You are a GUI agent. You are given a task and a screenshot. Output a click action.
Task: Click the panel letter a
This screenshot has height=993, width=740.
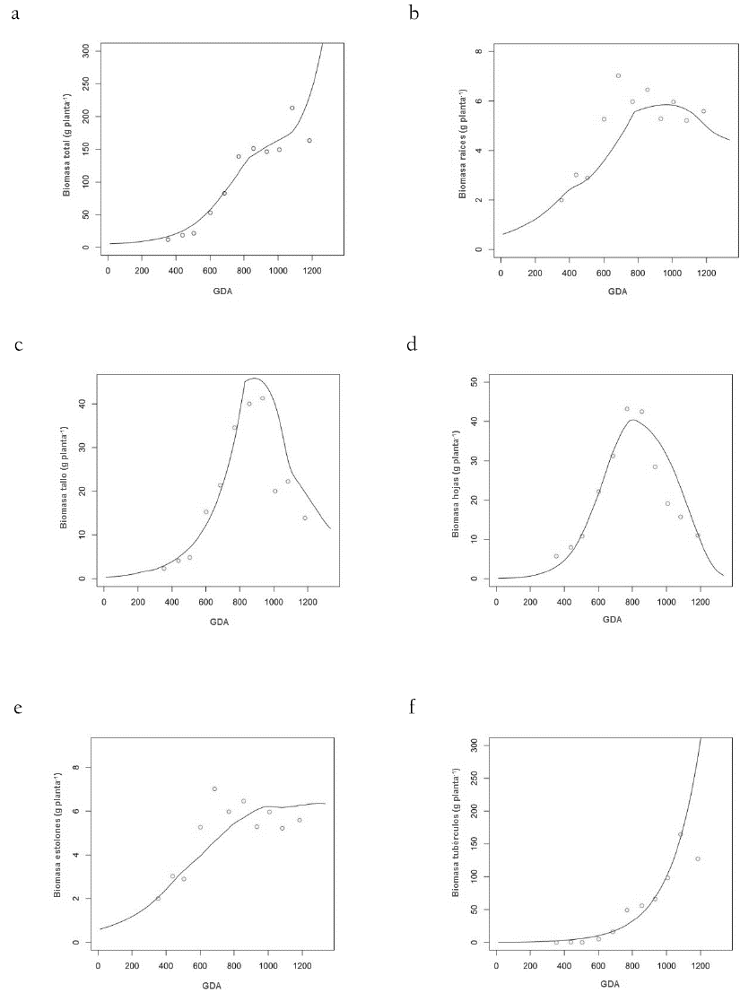[x=15, y=15]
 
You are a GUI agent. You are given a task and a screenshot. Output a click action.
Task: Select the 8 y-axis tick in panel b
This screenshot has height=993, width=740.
[x=479, y=52]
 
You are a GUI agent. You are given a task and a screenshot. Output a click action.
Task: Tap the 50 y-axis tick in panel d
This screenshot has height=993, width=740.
[x=476, y=382]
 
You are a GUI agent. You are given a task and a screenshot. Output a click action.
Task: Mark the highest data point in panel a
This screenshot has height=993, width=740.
[x=292, y=108]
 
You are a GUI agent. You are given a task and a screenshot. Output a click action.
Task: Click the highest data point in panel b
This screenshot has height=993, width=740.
[x=618, y=75]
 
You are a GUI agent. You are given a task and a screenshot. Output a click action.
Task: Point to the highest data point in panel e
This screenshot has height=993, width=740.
[x=214, y=788]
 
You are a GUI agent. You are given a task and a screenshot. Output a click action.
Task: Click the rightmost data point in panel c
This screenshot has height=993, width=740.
[x=305, y=518]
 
